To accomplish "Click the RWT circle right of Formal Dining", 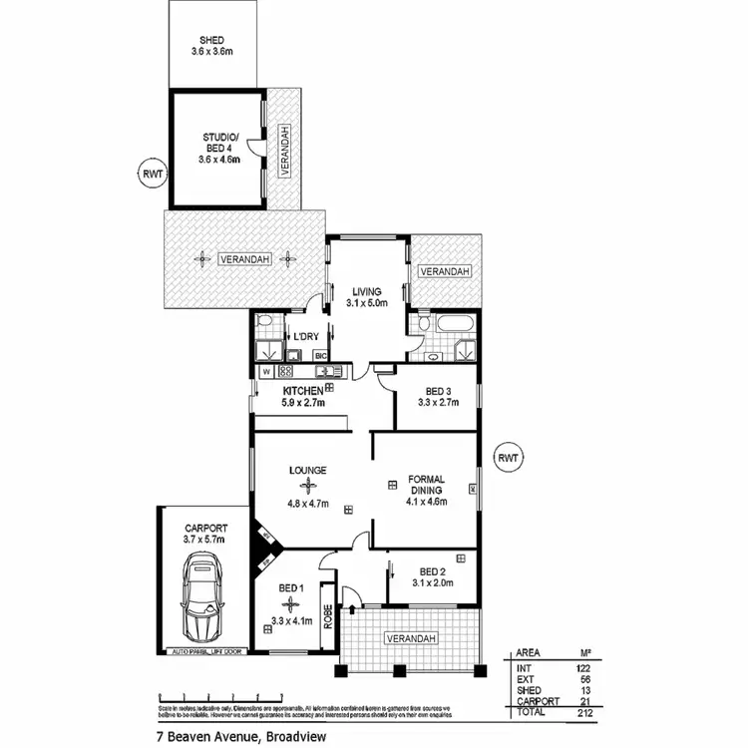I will click(x=509, y=458).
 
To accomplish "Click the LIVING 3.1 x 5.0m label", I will click(x=365, y=296).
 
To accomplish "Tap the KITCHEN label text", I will click(x=302, y=390).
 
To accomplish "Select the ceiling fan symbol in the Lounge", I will click(x=308, y=486).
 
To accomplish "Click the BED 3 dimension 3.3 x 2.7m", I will click(x=435, y=405).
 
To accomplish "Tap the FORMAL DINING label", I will click(x=427, y=485).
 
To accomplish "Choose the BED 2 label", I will click(x=436, y=571).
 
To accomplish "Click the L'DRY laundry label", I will click(x=304, y=336).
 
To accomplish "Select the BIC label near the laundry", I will click(x=321, y=355).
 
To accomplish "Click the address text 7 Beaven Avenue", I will click(x=210, y=737).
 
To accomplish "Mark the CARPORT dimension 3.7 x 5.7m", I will click(x=205, y=539).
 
